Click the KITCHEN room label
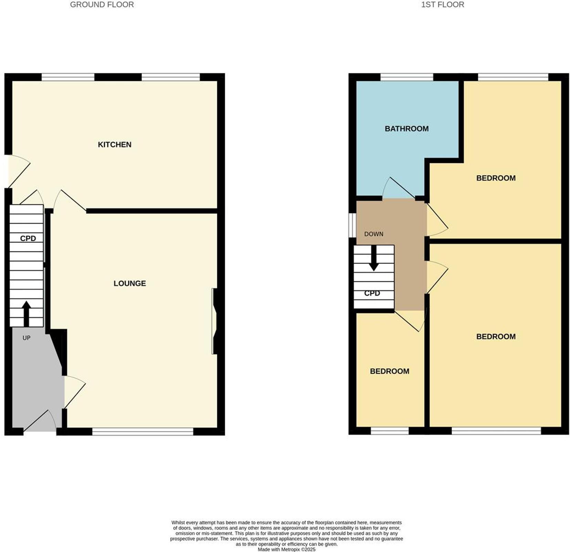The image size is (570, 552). (x=115, y=145)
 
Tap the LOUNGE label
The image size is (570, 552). (x=130, y=283)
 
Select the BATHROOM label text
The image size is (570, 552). (x=407, y=129)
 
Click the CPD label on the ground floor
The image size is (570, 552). (x=28, y=238)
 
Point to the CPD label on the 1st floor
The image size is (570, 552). (x=372, y=293)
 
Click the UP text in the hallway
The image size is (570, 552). (x=27, y=338)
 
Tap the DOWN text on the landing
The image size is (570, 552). (x=373, y=234)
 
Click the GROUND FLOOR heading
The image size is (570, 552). (x=102, y=5)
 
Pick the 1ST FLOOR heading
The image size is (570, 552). (x=442, y=5)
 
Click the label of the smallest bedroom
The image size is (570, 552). (x=389, y=371)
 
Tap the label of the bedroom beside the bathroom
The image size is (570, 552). (x=496, y=178)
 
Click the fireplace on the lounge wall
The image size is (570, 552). (x=215, y=321)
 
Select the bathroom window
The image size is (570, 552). (x=407, y=77)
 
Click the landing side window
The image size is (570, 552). (x=352, y=225)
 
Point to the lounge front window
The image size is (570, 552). (x=143, y=431)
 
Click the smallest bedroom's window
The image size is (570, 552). (x=389, y=431)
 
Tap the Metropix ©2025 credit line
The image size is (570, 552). (x=286, y=550)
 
